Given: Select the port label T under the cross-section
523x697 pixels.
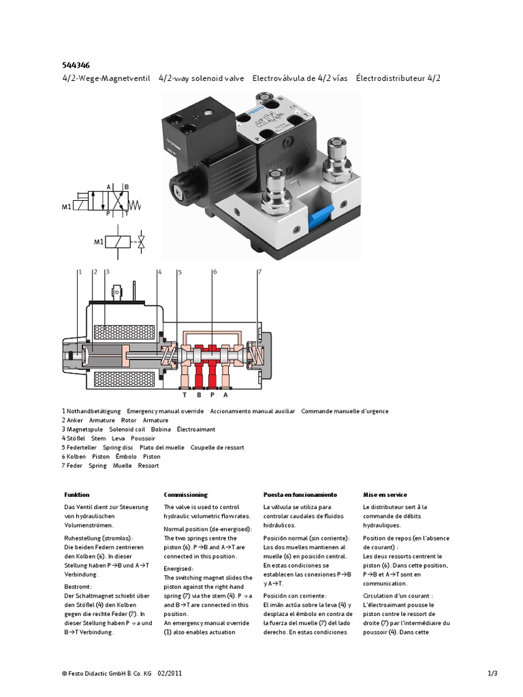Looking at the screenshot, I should (x=184, y=394).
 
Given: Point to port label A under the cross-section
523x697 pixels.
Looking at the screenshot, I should (x=225, y=394).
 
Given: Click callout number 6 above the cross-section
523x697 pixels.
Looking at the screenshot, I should (x=215, y=272).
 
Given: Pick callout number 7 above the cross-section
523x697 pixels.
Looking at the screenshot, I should (x=259, y=272).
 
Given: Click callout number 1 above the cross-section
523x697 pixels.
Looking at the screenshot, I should (x=79, y=272).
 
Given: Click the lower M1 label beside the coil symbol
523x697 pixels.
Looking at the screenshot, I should (x=99, y=242).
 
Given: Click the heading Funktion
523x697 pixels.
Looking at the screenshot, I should (x=77, y=495).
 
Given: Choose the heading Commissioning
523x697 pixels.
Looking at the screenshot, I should (x=185, y=495).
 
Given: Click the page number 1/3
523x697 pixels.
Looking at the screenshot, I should (x=493, y=674).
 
